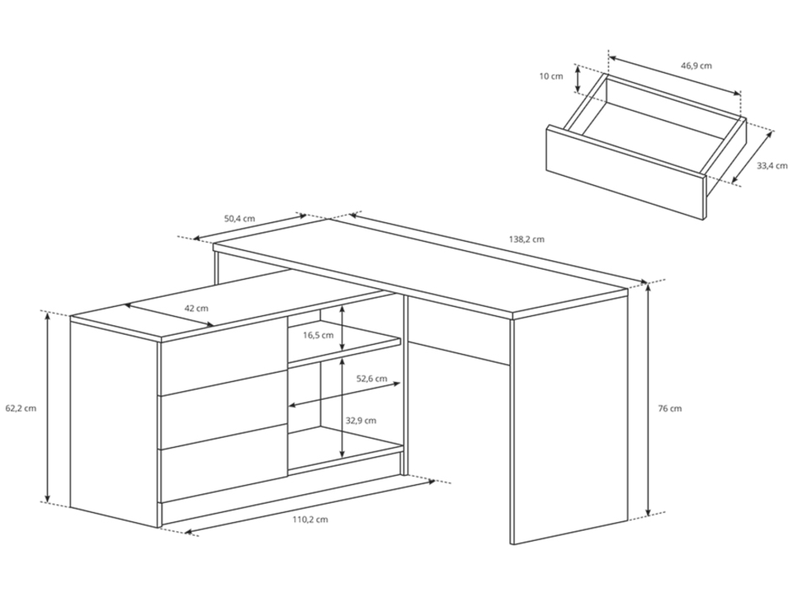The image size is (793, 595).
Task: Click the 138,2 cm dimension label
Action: [x=527, y=239]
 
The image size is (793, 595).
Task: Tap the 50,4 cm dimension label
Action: [x=239, y=219]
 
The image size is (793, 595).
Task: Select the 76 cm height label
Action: [x=670, y=408]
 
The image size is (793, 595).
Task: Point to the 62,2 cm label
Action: [x=21, y=408]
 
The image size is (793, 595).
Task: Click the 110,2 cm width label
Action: [x=310, y=520]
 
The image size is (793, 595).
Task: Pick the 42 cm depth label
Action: [x=196, y=308]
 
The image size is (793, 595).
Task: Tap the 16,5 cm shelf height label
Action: [x=318, y=335]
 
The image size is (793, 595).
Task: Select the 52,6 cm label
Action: [x=371, y=378]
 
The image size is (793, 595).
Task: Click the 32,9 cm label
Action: [x=361, y=421]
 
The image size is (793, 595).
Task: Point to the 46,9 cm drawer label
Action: [x=696, y=65]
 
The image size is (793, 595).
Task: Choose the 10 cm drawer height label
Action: [x=551, y=77]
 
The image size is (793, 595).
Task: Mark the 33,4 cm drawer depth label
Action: [x=772, y=166]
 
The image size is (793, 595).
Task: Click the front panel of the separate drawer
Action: [x=626, y=173]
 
